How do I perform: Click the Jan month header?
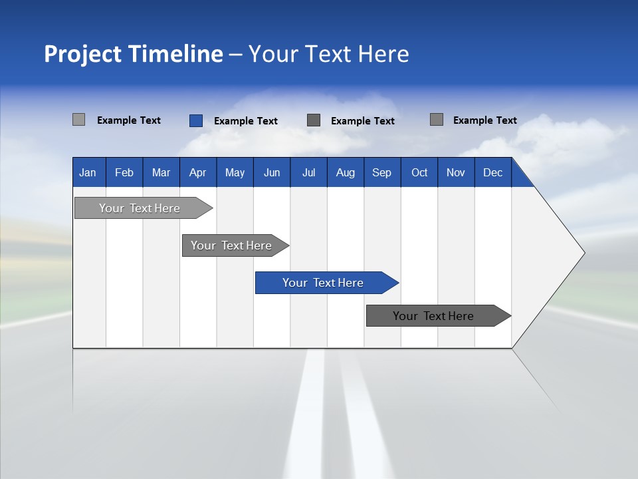[x=88, y=173]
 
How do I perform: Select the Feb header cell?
[x=124, y=173]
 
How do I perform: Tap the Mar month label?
[x=161, y=173]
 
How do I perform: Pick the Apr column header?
[x=197, y=173]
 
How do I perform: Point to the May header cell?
[x=235, y=173]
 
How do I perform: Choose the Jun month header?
[x=272, y=173]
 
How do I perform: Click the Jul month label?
[x=308, y=173]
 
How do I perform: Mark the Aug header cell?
[x=345, y=173]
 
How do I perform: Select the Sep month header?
[x=381, y=173]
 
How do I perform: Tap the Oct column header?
[x=419, y=173]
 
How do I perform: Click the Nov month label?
[x=456, y=173]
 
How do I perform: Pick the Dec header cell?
[x=492, y=173]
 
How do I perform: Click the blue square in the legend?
[x=196, y=120]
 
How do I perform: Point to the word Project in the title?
[x=83, y=54]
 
